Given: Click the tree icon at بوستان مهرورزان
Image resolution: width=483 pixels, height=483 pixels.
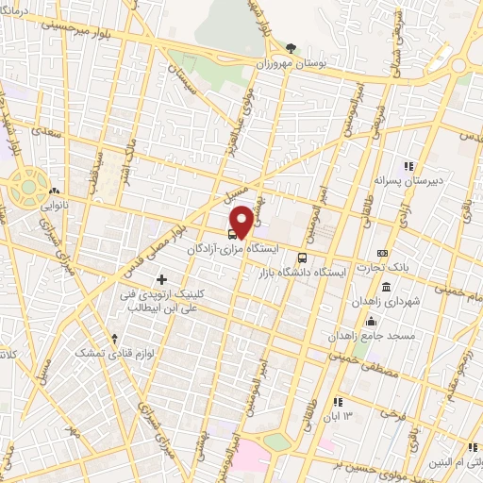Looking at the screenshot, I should point(291,49).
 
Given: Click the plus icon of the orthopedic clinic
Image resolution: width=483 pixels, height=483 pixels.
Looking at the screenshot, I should point(162,279).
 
